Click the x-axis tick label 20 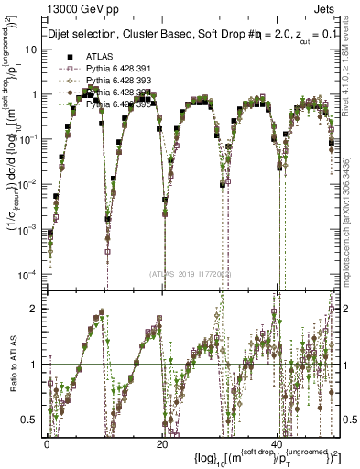pyautogui.click(x=161, y=442)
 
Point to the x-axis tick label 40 pyautogui.click(x=277, y=442)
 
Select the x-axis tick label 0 pyautogui.click(x=48, y=442)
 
